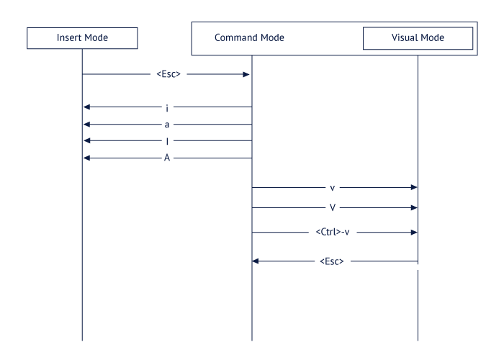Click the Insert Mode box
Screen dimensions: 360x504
82,37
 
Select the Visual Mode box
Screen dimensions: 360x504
418,37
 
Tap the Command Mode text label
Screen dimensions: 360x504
249,37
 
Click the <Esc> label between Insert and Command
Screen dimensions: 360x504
167,73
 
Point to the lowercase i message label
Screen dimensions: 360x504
167,107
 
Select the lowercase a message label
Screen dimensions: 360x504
167,124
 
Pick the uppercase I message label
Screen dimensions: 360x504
167,141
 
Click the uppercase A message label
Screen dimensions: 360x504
167,158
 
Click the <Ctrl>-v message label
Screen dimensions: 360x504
333,233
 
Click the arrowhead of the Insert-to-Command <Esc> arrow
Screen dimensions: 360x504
246,73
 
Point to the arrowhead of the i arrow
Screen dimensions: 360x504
87,107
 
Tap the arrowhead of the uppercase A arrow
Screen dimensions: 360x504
87,158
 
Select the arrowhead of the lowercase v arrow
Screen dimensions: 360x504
413,187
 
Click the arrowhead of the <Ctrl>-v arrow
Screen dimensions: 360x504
413,233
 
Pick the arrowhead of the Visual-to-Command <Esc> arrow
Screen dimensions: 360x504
256,261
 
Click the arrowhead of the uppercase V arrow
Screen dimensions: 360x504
413,207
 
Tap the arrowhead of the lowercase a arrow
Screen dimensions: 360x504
87,124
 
